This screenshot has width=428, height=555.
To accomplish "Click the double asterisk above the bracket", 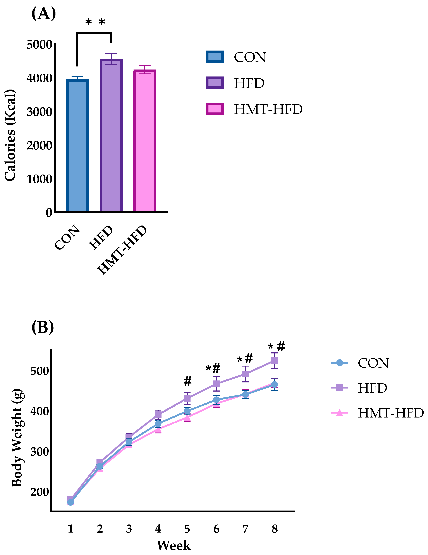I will (95, 22).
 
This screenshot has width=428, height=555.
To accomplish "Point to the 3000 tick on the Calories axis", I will (40, 112).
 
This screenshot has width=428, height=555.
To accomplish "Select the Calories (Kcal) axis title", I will (10, 135).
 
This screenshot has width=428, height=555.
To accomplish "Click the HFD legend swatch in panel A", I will (215, 83).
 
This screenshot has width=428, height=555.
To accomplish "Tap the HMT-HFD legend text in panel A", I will (268, 109).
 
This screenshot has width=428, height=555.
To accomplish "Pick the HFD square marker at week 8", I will (274, 361).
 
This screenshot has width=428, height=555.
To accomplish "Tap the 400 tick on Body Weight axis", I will (40, 411).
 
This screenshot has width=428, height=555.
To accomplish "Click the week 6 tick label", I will (216, 529).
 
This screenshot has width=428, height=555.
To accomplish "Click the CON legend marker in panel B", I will (339, 363).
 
